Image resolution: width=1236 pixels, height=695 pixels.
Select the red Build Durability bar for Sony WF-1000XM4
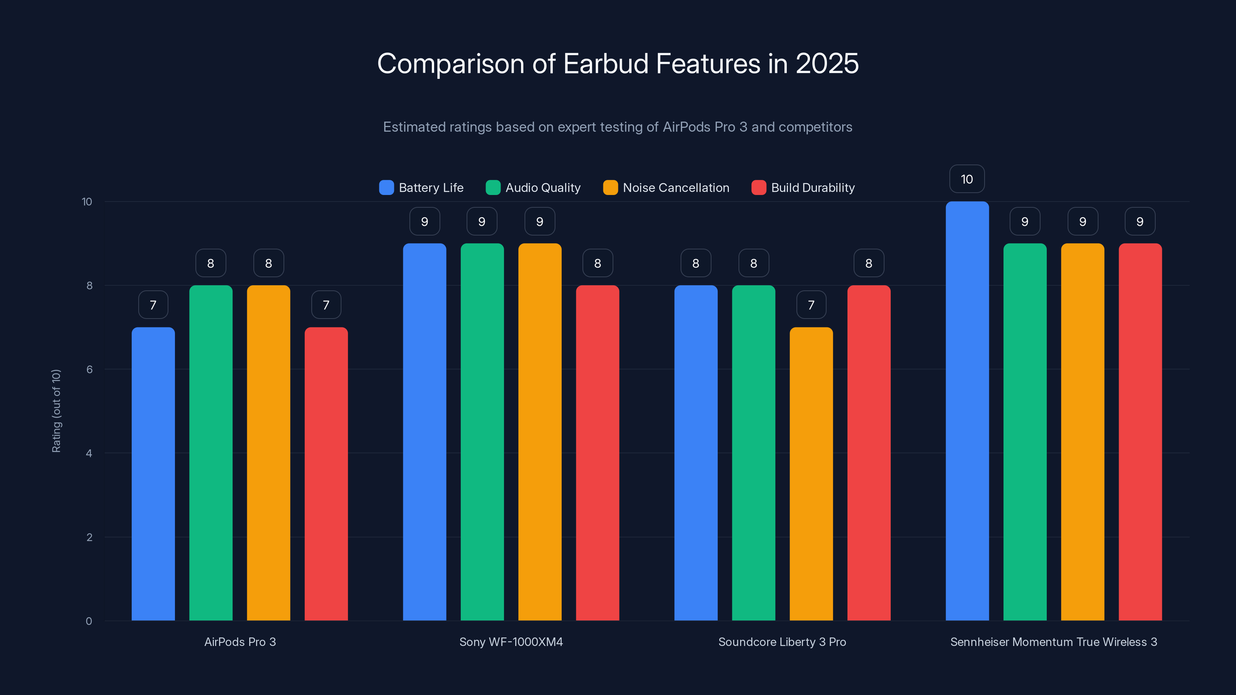(x=598, y=453)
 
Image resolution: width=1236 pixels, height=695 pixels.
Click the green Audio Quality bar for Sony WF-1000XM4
(x=482, y=432)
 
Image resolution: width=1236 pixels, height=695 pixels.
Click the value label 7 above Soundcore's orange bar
(x=811, y=305)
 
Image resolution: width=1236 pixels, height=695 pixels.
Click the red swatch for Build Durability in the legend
(x=759, y=188)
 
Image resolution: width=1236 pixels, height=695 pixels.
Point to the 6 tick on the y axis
(x=89, y=370)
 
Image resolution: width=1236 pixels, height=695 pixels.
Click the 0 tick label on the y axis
(x=89, y=621)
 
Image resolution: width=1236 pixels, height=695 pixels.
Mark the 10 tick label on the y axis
(x=87, y=202)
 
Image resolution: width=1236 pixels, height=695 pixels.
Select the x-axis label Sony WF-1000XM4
(x=511, y=642)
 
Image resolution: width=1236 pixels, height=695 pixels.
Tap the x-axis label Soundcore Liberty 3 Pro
(x=782, y=642)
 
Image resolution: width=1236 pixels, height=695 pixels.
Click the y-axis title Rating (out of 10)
(x=56, y=411)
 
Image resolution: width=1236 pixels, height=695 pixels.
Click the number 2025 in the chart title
(x=827, y=63)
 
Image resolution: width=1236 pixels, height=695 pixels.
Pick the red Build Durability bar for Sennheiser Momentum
(x=1140, y=432)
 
